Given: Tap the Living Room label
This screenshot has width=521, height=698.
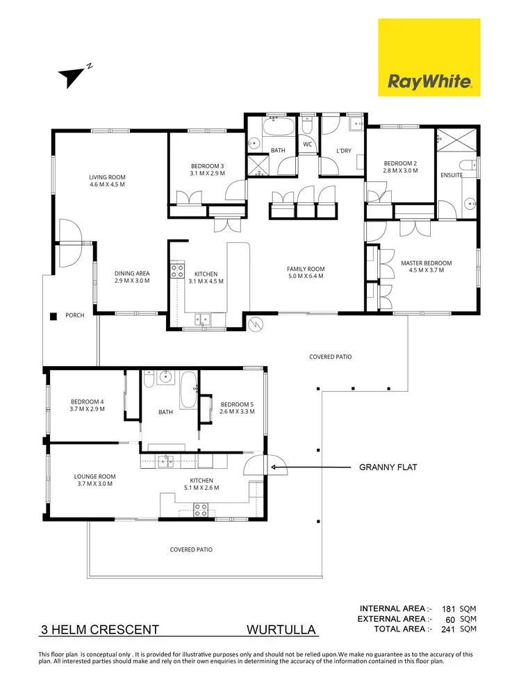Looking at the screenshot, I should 107,181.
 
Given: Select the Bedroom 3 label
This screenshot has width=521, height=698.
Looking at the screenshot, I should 208,169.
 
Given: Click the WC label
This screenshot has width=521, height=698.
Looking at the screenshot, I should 307,144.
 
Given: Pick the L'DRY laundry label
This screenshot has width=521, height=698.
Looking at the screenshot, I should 343,151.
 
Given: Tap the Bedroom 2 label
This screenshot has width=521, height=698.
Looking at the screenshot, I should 400,166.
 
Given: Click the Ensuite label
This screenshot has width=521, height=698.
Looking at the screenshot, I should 452,175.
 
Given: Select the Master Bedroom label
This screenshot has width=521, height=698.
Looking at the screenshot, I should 426,267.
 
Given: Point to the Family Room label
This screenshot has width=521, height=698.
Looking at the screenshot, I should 306,272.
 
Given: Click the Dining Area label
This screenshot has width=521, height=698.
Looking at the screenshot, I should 132,277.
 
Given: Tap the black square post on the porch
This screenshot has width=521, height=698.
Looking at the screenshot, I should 53,317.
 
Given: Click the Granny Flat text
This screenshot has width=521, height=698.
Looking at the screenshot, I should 388,467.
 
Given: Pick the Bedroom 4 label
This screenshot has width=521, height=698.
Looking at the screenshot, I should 88,405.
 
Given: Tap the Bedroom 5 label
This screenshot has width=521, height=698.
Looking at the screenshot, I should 238,408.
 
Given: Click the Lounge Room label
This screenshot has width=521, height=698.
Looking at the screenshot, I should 95,480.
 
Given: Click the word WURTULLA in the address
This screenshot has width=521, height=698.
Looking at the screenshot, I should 281,631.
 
